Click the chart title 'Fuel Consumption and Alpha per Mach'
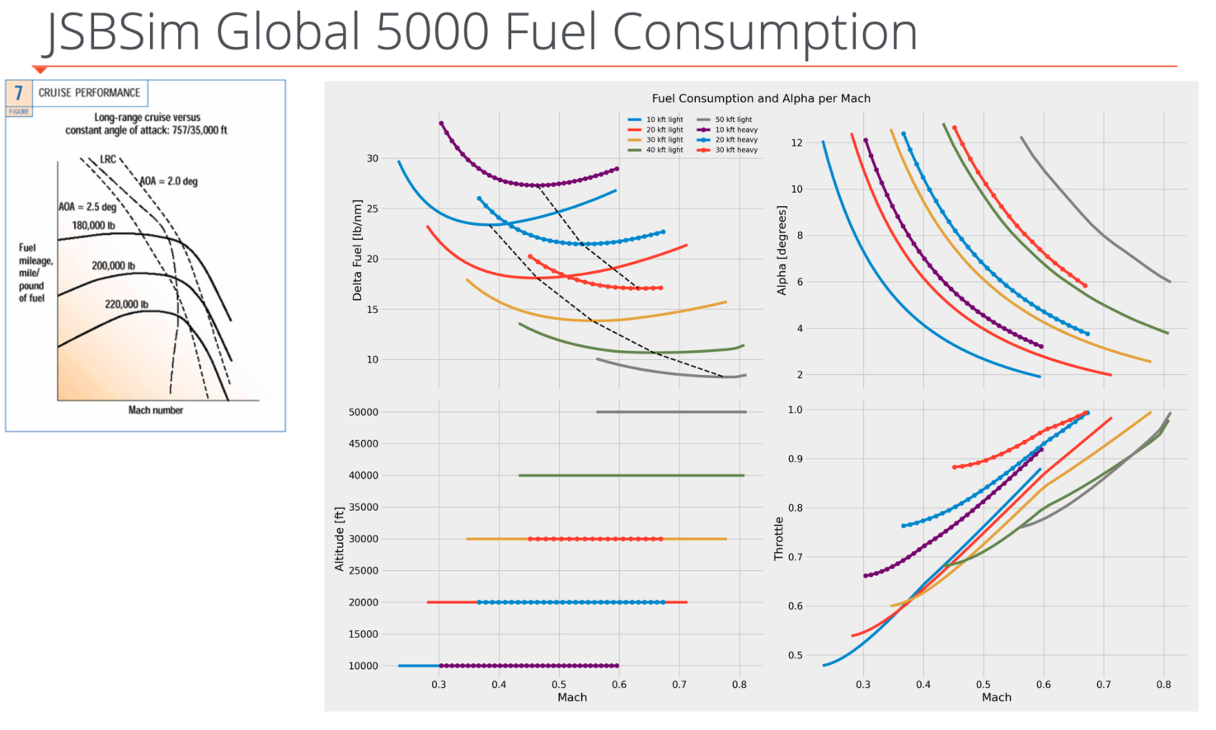(x=761, y=98)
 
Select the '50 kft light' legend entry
(x=733, y=119)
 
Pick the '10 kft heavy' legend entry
(x=735, y=129)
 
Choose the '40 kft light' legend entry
(x=664, y=150)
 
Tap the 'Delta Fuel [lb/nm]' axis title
(x=357, y=250)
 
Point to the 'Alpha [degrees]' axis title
(x=782, y=250)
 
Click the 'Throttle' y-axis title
(x=778, y=539)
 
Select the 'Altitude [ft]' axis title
(x=339, y=539)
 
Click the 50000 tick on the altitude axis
(x=363, y=412)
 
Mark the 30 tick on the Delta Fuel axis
(x=373, y=158)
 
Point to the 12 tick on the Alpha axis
(x=796, y=143)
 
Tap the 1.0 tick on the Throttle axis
(x=795, y=409)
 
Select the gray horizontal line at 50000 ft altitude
(x=671, y=412)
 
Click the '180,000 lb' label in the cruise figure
(x=93, y=226)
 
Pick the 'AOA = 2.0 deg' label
(x=168, y=181)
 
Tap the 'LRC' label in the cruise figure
(x=108, y=159)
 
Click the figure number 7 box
(x=19, y=93)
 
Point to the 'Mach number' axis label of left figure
(x=156, y=410)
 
